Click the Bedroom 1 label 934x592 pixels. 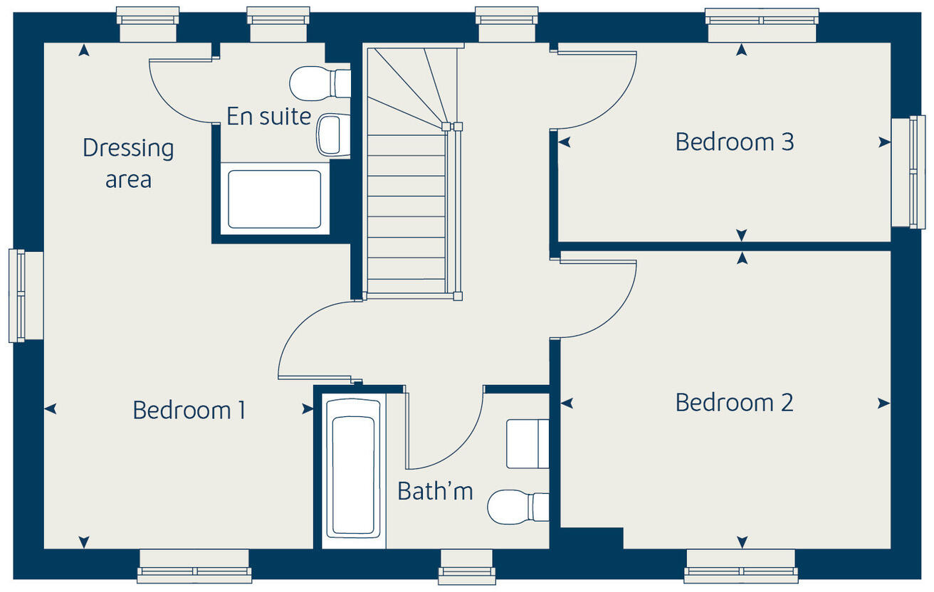click(189, 411)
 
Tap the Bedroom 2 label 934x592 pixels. click(734, 403)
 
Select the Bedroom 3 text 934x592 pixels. click(734, 142)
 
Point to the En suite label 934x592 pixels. click(268, 116)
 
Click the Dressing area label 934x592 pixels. click(128, 163)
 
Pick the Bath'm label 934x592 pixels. click(435, 491)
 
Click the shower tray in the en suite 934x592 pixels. click(274, 199)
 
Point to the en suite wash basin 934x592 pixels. click(332, 134)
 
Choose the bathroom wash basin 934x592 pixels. click(528, 444)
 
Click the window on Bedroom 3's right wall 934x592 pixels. click(908, 171)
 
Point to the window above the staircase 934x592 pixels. click(506, 24)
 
